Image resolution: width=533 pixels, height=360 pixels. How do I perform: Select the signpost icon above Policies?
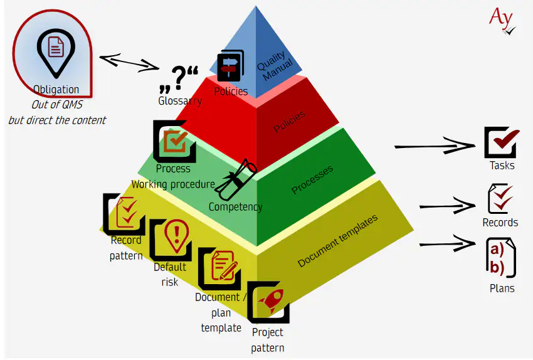tap(230, 66)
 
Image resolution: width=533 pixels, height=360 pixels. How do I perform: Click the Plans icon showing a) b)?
tap(501, 258)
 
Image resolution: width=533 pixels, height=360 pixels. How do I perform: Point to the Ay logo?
tap(502, 19)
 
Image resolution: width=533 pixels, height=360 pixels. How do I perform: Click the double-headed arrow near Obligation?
tap(129, 62)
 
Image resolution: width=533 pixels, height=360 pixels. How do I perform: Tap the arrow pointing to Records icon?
tap(446, 205)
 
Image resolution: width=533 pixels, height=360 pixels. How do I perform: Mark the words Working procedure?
tap(172, 184)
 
